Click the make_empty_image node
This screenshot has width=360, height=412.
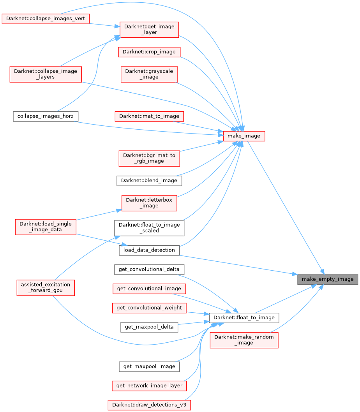(x=327, y=279)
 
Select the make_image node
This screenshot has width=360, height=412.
(x=244, y=136)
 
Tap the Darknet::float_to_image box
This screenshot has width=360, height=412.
(x=244, y=317)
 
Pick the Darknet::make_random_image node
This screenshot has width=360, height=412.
(x=244, y=340)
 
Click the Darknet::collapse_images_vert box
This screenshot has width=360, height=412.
(x=46, y=18)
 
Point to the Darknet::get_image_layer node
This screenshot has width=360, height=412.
(x=149, y=30)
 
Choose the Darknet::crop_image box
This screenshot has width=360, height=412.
(x=149, y=52)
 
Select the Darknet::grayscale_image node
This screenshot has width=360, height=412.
(x=149, y=74)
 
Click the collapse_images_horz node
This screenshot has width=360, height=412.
(x=46, y=116)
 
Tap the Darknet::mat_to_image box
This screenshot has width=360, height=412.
(x=149, y=116)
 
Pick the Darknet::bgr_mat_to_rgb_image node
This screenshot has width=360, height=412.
(x=149, y=158)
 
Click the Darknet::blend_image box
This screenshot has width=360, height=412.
(x=149, y=181)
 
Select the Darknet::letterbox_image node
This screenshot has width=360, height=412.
(x=149, y=203)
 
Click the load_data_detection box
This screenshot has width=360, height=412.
(x=149, y=250)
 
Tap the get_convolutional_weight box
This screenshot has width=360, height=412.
(x=149, y=308)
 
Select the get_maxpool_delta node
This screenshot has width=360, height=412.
(x=149, y=327)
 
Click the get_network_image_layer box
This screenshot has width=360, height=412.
(x=149, y=386)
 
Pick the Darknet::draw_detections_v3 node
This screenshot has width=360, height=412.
(x=149, y=405)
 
